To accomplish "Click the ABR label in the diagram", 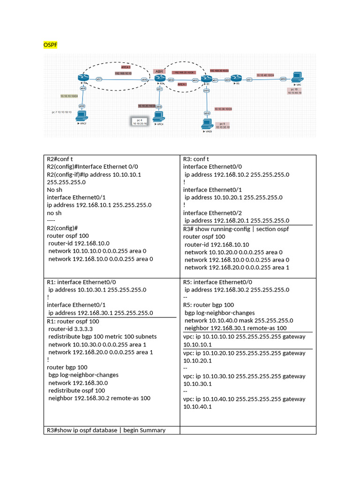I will (158, 71).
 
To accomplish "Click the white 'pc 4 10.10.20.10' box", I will (140, 122).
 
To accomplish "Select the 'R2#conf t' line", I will (60, 159).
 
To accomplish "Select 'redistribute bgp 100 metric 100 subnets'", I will (102, 337).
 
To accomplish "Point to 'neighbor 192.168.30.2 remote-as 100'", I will (99, 398).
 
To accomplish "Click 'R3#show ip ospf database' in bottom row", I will (105, 430).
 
